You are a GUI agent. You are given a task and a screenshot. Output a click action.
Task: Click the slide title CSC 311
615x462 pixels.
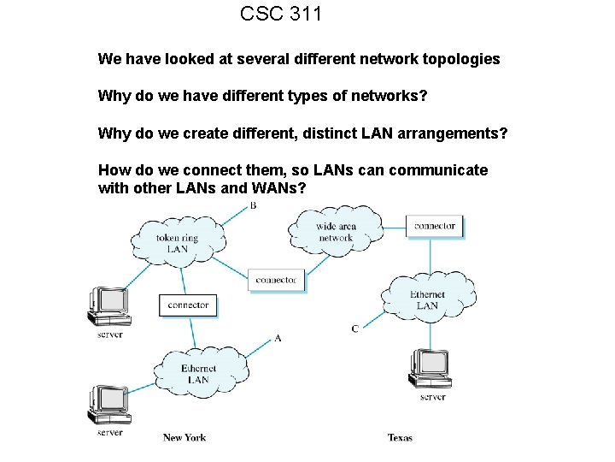pyautogui.click(x=280, y=14)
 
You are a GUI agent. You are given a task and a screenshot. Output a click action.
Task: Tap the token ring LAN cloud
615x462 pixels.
pyautogui.click(x=178, y=242)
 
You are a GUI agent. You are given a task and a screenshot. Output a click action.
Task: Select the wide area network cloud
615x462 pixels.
pyautogui.click(x=335, y=231)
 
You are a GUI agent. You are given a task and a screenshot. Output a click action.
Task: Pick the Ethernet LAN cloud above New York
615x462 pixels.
pyautogui.click(x=197, y=373)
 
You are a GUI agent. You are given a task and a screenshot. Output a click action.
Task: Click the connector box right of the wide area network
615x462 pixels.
pyautogui.click(x=435, y=227)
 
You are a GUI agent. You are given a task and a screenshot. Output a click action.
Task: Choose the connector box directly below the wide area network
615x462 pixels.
pyautogui.click(x=276, y=280)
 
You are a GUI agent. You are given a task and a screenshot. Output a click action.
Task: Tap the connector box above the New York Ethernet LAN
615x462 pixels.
pyautogui.click(x=188, y=305)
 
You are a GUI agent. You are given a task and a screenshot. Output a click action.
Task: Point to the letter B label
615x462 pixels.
pyautogui.click(x=253, y=206)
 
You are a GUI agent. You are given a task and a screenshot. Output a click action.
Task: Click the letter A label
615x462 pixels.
pyautogui.click(x=278, y=338)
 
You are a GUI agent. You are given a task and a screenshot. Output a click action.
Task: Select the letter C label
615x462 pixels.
pyautogui.click(x=354, y=329)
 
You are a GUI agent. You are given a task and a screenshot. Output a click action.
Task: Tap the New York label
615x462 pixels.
pyautogui.click(x=184, y=437)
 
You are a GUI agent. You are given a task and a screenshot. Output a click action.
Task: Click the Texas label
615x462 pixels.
pyautogui.click(x=400, y=437)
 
